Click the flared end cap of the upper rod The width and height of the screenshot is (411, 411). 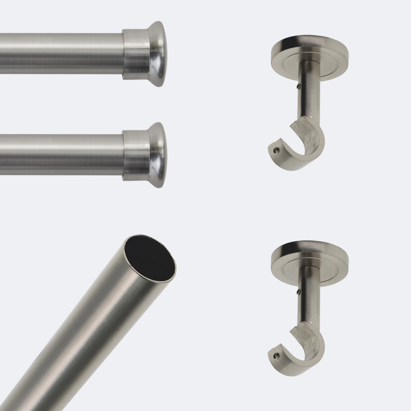point(157,53)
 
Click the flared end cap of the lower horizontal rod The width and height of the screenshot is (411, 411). point(157,155)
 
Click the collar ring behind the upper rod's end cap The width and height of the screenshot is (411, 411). point(135,54)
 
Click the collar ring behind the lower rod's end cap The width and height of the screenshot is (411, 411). point(135,155)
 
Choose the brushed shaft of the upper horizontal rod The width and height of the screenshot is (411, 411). point(62,53)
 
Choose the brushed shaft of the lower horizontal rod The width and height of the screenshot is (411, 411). point(62,154)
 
